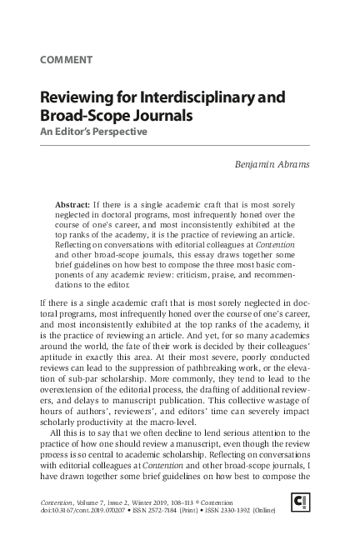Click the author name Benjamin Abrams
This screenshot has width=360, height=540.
(273, 164)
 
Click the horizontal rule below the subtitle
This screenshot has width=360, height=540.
(175, 146)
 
